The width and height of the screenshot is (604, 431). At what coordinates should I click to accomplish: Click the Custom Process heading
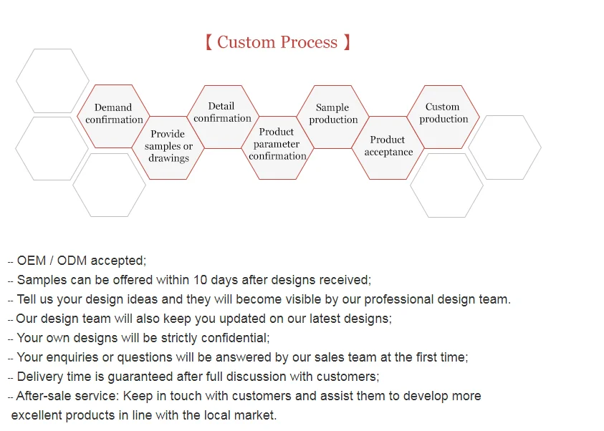[277, 42]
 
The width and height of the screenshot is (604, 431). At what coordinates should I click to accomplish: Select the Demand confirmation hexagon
[114, 115]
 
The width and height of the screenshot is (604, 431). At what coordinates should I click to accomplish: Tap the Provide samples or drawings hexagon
[168, 146]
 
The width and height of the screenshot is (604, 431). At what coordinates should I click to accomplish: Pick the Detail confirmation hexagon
[222, 113]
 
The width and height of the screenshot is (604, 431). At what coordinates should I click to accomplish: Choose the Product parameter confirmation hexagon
[277, 145]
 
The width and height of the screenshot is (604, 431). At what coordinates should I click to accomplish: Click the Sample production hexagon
[333, 115]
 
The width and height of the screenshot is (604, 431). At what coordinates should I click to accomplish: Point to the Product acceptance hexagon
[388, 146]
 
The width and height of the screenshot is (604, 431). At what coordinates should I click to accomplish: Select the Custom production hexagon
[443, 114]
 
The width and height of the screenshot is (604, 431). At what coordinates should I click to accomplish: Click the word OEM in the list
[32, 261]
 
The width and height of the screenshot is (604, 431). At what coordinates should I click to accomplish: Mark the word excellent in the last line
[37, 415]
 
